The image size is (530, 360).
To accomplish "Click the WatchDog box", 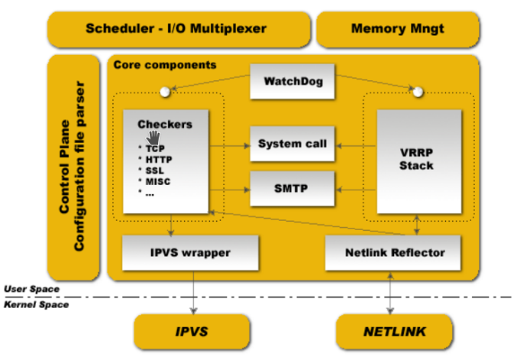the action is pos(292,81).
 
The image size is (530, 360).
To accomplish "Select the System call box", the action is pos(292,144).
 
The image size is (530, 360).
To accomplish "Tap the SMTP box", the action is pos(292,189).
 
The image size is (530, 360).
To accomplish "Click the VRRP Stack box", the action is pos(419,161).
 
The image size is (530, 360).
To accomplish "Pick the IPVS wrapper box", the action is pos(190,253).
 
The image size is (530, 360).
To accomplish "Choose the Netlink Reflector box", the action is pos(393,253).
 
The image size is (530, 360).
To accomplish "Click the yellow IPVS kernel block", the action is pos(192,332).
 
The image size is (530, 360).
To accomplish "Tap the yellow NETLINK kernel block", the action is pos(394,332).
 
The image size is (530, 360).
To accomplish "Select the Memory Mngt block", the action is pos(398,29).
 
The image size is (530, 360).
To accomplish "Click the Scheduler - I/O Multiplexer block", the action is pos(179,29).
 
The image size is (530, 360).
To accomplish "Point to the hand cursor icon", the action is pos(153,138).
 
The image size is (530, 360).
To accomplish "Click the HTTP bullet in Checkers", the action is pos(159,159).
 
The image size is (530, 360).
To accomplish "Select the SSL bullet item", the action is pos(154,170).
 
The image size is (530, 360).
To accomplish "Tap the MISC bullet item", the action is pos(158,182).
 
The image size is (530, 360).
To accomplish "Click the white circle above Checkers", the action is pos(165,92).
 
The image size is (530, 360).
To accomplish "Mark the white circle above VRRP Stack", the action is pos(418,92).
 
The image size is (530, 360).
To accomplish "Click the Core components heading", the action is pos(165,65).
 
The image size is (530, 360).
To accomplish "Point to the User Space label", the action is pos(32,289).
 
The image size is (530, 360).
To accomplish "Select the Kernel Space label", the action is pos(36,304).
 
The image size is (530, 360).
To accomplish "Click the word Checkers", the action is pos(165,125).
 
